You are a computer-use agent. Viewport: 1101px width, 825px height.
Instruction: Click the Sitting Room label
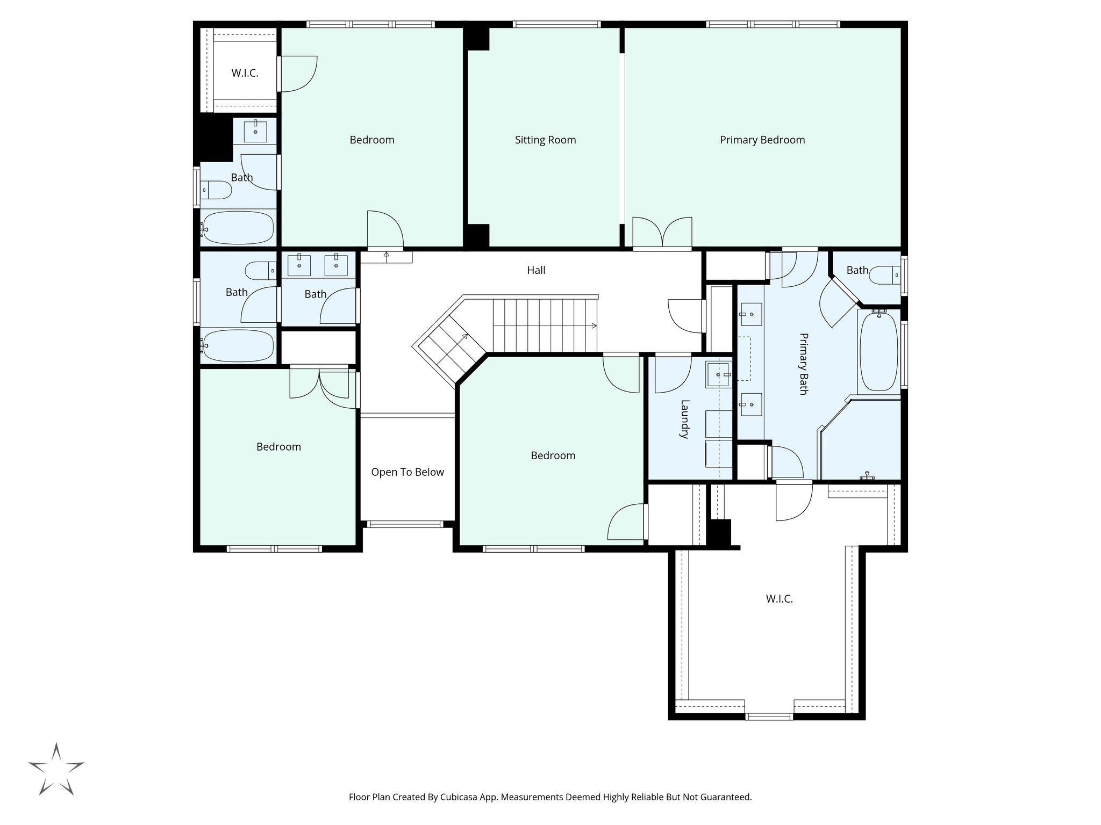pos(545,140)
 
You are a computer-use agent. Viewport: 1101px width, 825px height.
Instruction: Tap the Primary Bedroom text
pos(762,140)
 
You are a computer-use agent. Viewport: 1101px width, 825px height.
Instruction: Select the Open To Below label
pos(407,472)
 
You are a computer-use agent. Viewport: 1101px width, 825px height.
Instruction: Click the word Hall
pos(536,270)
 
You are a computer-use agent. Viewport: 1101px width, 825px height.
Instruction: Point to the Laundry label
pos(684,419)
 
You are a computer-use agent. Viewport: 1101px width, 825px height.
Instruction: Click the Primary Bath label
pos(803,364)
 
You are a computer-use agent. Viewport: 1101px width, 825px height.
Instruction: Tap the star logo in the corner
pos(56,769)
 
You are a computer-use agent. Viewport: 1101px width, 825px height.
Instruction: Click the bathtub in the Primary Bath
pos(878,352)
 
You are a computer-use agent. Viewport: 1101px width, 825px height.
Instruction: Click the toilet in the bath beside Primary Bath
pos(884,276)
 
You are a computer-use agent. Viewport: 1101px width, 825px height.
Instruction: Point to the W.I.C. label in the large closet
pos(779,599)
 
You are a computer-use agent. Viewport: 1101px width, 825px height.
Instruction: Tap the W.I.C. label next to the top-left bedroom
pos(245,74)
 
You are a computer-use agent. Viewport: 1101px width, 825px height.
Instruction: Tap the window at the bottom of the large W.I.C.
pos(769,716)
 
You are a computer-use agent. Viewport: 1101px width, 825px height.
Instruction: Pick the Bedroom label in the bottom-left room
pos(278,447)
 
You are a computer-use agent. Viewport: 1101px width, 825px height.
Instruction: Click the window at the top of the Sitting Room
pos(556,24)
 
